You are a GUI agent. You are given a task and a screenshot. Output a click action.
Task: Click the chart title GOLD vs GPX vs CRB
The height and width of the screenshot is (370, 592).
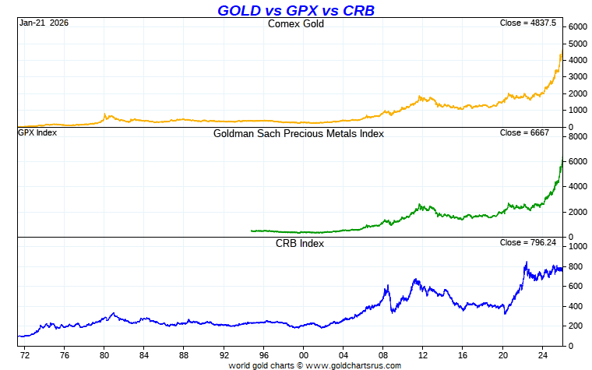296,10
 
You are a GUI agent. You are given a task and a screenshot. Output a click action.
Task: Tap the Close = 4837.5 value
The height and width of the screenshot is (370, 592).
528,23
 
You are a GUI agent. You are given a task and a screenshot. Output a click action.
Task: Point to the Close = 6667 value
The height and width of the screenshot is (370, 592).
525,133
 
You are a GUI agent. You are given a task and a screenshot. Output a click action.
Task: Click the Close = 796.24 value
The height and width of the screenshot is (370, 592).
528,242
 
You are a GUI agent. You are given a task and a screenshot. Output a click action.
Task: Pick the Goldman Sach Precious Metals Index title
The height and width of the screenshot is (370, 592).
298,133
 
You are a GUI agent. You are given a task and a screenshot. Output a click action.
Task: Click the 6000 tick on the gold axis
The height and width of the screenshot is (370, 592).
577,26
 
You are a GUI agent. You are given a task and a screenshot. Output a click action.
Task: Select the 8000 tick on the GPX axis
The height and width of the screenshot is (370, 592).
577,136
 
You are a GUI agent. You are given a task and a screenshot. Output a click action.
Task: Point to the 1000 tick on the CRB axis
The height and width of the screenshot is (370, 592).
577,246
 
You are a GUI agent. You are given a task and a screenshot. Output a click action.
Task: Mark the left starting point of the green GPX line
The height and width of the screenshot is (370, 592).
252,231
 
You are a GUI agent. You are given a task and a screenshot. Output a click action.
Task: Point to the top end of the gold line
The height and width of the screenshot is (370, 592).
562,53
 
